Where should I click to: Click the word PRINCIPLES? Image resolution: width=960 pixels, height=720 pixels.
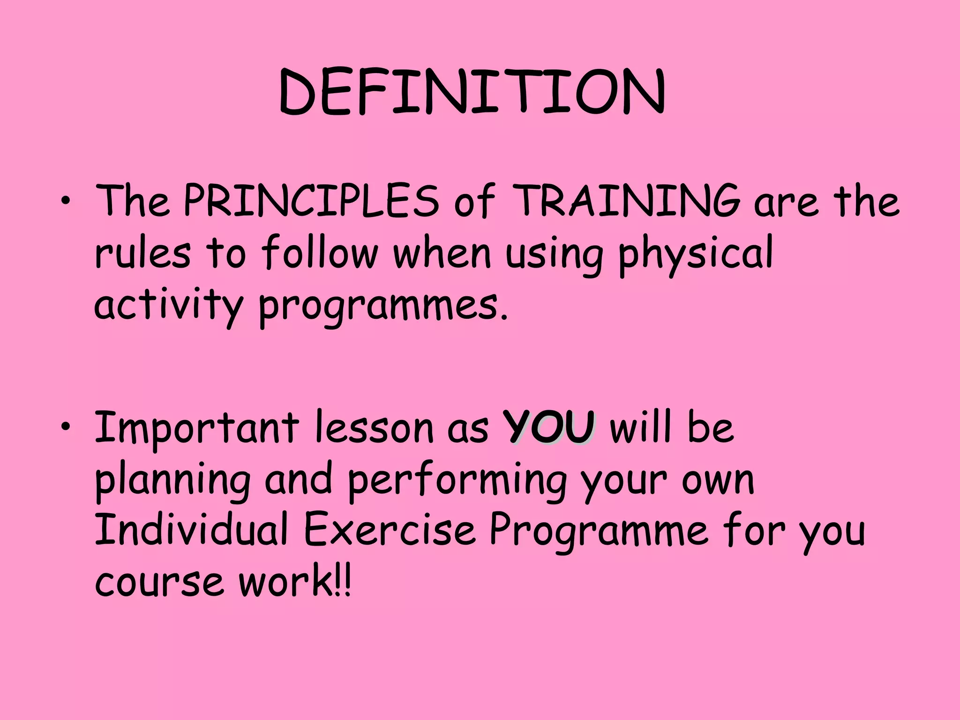(311, 202)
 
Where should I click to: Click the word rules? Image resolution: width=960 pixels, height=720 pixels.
(142, 253)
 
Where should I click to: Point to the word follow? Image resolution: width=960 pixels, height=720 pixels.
(319, 253)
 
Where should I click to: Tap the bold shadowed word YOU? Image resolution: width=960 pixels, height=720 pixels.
(549, 427)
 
